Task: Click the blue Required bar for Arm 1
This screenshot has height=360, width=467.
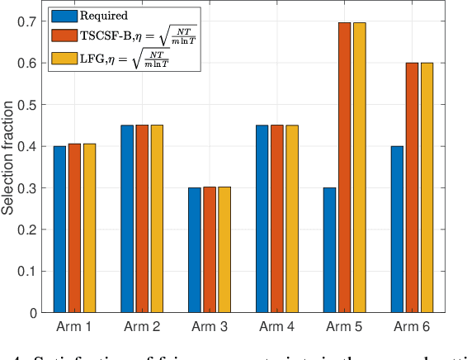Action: [59, 230]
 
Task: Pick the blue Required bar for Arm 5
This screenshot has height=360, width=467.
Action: [329, 250]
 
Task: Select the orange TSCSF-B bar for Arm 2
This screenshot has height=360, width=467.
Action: [142, 219]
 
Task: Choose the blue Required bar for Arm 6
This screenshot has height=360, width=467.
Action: [396, 230]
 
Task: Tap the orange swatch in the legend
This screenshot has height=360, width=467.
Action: [62, 36]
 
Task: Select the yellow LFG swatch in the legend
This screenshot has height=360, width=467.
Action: [62, 58]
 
